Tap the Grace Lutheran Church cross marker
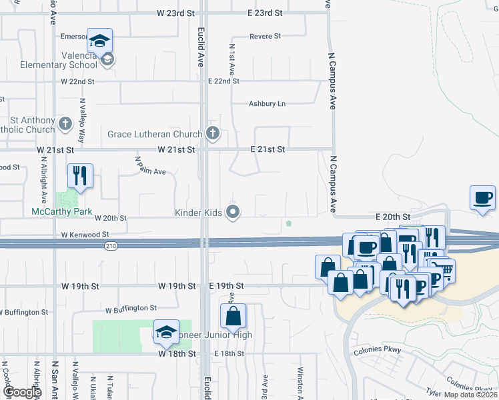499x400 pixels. point(213,133)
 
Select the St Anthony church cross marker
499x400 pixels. point(65,123)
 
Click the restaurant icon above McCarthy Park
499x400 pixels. point(80,177)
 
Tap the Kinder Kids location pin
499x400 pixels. point(233,213)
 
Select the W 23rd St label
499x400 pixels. point(176,13)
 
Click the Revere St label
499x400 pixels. point(266,36)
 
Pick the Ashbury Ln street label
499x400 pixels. point(267,103)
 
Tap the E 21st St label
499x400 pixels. point(268,149)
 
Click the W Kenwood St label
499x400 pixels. point(84,235)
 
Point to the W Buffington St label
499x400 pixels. point(131,309)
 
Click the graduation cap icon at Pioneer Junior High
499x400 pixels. point(166,332)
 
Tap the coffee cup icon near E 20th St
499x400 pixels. point(483,197)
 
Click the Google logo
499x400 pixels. point(22,392)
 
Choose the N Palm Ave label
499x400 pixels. point(150,166)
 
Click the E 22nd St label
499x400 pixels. point(223,81)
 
